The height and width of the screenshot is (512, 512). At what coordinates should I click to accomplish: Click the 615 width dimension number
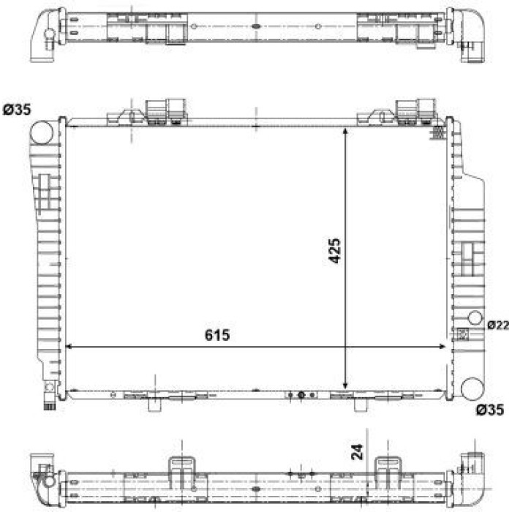tap(217, 335)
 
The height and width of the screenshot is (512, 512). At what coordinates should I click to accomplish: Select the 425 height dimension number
tap(334, 251)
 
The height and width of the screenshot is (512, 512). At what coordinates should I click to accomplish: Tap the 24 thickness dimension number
tap(357, 452)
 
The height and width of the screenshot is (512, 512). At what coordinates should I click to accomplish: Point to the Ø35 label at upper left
tap(17, 110)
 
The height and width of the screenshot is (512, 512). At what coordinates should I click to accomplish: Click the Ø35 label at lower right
tap(490, 410)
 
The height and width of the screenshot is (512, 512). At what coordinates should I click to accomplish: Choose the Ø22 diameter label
tap(498, 325)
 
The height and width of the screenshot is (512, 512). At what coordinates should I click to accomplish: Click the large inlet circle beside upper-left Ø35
tap(41, 132)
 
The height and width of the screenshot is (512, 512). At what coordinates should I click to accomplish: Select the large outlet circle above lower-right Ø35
tap(473, 389)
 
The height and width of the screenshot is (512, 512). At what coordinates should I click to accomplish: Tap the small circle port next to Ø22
tap(475, 317)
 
